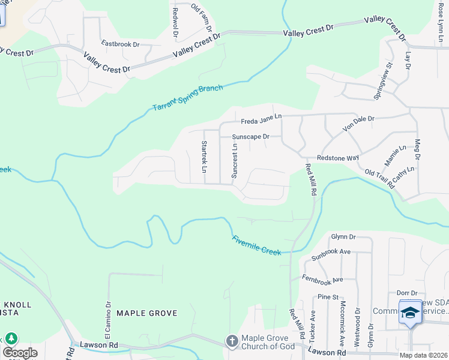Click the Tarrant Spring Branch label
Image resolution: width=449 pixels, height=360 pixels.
[187, 98]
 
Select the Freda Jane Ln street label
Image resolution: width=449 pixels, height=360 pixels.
[262, 117]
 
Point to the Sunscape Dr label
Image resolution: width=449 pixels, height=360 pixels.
[251, 137]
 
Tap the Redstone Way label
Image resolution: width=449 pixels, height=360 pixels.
[337, 157]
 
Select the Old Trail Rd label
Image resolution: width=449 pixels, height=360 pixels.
[379, 179]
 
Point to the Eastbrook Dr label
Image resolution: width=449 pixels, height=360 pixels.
[120, 44]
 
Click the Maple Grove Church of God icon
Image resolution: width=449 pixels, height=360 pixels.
[232, 341]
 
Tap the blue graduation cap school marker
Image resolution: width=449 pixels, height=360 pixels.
[411, 313]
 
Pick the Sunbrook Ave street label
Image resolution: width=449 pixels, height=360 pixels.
[331, 254]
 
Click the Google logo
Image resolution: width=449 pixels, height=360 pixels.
[20, 353]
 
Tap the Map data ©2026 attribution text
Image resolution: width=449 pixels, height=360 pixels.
[423, 355]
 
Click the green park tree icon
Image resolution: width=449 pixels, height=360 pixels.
[11, 338]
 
